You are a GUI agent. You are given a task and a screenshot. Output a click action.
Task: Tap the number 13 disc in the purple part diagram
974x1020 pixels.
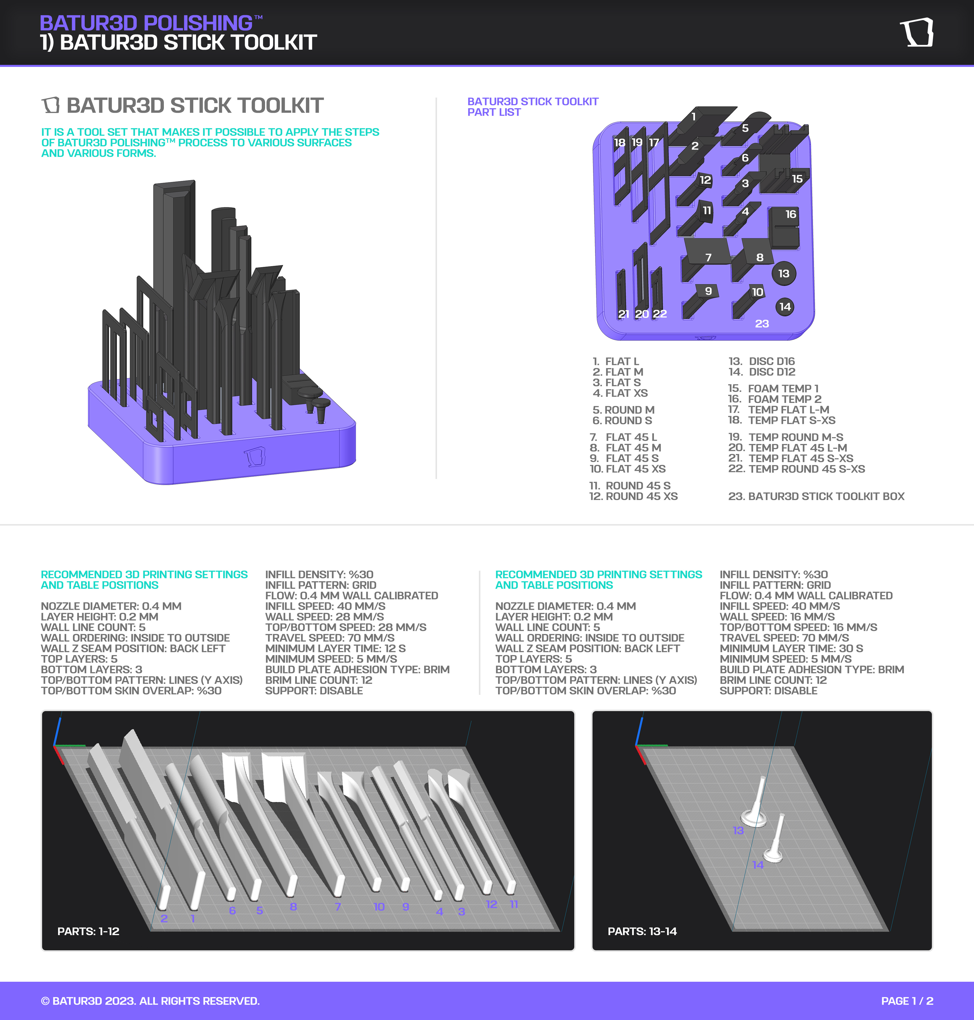coord(784,273)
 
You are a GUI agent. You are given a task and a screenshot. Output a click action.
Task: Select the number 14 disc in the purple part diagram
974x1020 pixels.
coord(785,307)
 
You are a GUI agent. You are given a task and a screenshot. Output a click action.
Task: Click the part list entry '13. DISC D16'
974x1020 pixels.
coord(762,361)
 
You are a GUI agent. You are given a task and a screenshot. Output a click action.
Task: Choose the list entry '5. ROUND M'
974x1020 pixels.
coord(623,410)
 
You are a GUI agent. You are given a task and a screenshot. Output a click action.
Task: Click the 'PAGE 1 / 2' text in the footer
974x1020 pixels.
coord(907,1001)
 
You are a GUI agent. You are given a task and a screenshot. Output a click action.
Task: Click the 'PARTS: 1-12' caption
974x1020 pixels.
coord(88,931)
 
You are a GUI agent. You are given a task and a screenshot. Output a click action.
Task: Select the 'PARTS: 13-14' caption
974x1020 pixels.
coord(642,931)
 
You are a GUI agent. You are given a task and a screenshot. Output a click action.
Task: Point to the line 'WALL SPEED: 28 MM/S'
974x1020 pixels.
coord(324,617)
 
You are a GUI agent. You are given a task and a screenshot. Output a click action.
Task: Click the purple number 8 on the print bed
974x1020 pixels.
coord(293,906)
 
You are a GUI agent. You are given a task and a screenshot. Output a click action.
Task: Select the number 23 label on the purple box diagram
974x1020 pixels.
coord(762,324)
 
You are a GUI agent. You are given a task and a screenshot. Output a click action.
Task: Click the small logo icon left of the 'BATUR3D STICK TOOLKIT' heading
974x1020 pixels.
coord(50,105)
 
